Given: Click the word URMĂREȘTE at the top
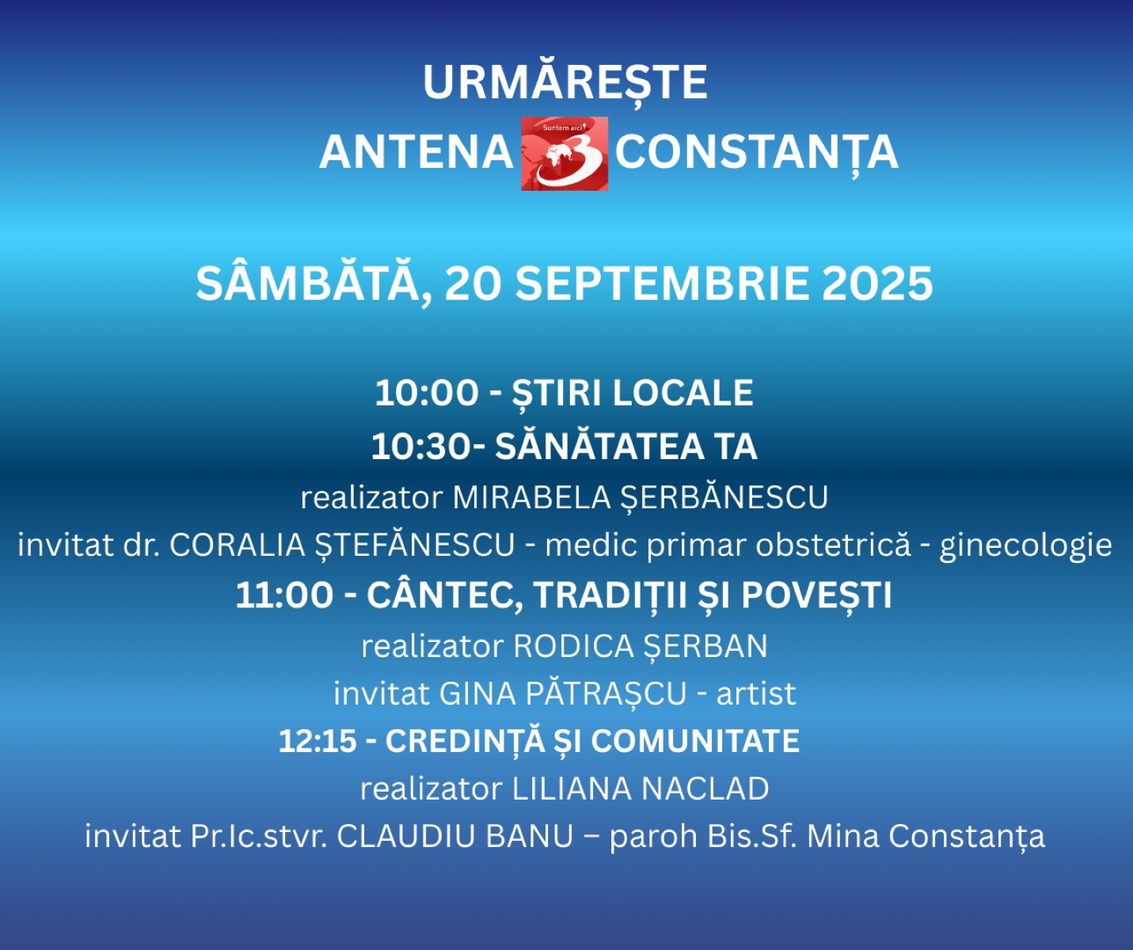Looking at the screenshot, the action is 565,82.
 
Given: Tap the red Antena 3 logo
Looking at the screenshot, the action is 565,154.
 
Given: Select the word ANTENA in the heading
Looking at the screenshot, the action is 416,153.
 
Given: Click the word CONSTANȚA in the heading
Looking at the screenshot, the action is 756,154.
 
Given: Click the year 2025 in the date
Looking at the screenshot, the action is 877,284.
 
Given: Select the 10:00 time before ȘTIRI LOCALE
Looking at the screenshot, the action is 427,393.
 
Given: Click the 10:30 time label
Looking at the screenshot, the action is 420,447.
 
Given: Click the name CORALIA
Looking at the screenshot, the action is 237,545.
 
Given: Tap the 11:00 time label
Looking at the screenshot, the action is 284,595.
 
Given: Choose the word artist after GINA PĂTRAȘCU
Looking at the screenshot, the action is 756,694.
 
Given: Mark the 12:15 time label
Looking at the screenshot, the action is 317,741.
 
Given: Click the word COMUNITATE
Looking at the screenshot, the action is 695,741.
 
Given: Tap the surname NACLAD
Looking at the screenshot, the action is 705,788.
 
